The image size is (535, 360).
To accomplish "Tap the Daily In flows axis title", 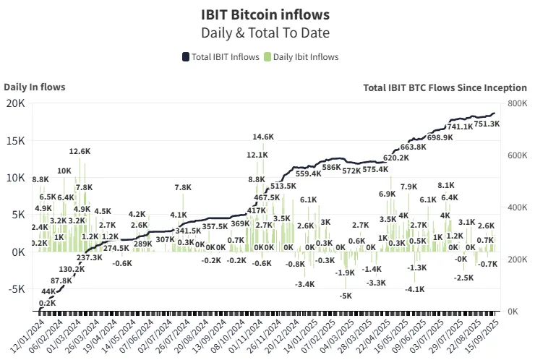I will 34,87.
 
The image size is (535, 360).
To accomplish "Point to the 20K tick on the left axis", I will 17,104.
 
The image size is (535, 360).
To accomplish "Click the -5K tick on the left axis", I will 17,289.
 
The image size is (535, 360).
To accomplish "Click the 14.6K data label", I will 263,137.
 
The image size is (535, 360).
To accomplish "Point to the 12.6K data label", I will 80,152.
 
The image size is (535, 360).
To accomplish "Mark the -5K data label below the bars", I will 346,296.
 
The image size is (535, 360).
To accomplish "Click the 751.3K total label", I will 487,124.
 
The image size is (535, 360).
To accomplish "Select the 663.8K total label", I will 413,147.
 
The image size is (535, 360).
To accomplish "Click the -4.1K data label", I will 415,289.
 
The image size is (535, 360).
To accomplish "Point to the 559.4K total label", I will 309,173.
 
